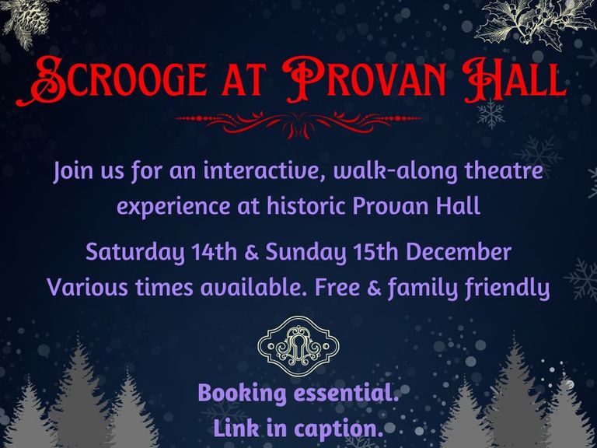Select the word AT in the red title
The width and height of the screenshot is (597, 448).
[243, 82]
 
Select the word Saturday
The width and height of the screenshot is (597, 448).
[135, 254]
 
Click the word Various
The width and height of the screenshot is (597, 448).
[88, 287]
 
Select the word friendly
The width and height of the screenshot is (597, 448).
[508, 289]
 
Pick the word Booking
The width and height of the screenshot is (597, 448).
[243, 394]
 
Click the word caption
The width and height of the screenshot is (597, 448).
[338, 429]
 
